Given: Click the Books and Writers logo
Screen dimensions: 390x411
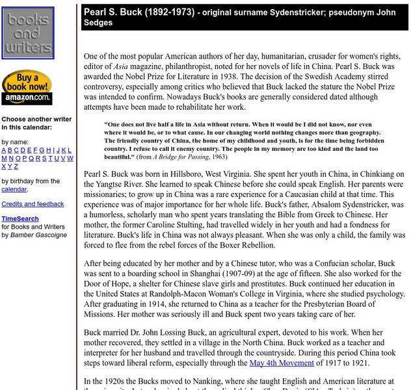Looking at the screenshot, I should pos(28,33).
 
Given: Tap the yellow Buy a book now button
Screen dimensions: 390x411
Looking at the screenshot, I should pos(27,82).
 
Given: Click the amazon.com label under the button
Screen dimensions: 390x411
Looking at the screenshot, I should pos(27,98).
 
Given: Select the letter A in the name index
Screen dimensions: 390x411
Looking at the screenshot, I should pos(4,150).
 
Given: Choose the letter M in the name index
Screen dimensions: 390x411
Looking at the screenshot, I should pos(4,158).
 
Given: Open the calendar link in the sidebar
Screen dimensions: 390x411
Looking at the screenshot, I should pos(14,189).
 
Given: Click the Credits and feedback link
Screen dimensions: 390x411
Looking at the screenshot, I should pos(33,204).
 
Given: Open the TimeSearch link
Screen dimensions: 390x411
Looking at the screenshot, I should pos(20,219).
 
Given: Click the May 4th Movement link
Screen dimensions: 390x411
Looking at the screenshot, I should pos(281,363).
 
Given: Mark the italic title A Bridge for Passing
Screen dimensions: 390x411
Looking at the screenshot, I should pos(182,157).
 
